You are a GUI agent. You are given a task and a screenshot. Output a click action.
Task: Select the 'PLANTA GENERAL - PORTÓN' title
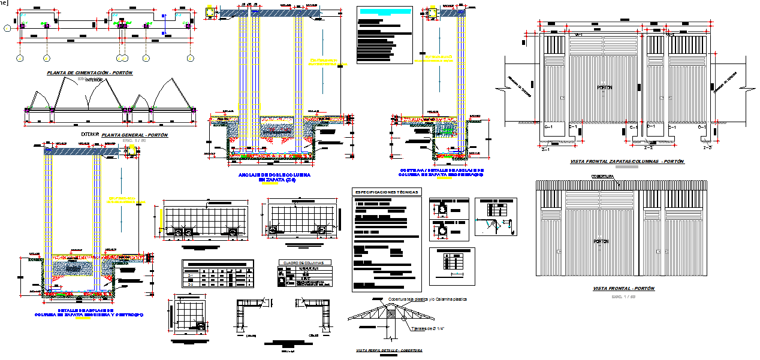(135, 135)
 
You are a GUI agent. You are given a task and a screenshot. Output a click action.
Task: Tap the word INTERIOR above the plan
(94, 80)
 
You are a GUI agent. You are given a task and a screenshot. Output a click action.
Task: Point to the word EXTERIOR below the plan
(90, 135)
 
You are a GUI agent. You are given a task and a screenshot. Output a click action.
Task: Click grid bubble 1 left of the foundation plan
(6, 27)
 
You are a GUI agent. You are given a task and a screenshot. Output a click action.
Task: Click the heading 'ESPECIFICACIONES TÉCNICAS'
(387, 192)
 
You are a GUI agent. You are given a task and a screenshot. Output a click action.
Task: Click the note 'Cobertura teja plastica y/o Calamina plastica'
(427, 299)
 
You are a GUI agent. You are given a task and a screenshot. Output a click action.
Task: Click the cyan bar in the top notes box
(384, 12)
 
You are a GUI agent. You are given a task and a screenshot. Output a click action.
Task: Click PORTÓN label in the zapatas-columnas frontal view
(604, 87)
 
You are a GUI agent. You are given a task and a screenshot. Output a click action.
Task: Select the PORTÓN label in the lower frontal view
(601, 241)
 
